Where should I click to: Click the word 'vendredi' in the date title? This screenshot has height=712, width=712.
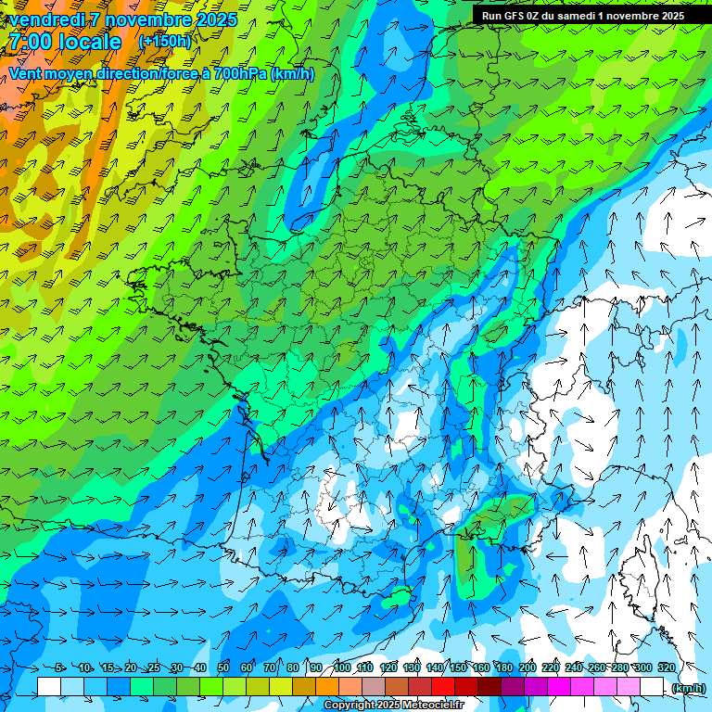pyautogui.click(x=45, y=19)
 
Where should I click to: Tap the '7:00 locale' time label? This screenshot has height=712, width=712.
pyautogui.click(x=65, y=42)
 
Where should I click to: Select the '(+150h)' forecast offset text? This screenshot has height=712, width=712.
pyautogui.click(x=164, y=42)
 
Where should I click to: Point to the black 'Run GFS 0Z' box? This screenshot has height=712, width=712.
pyautogui.click(x=582, y=16)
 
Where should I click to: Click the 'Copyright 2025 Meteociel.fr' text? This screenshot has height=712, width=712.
pyautogui.click(x=393, y=706)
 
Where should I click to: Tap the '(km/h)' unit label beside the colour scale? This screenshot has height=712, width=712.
pyautogui.click(x=688, y=688)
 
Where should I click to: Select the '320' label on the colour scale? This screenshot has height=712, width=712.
pyautogui.click(x=666, y=667)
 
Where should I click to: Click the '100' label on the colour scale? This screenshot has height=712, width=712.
pyautogui.click(x=341, y=667)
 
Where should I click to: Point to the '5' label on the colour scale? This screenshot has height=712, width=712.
pyautogui.click(x=59, y=667)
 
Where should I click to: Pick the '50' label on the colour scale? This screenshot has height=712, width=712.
pyautogui.click(x=223, y=667)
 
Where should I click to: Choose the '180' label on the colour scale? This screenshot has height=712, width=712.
pyautogui.click(x=503, y=667)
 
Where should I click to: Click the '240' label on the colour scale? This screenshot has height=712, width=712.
pyautogui.click(x=573, y=667)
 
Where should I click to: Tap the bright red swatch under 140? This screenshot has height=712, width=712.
pyautogui.click(x=443, y=687)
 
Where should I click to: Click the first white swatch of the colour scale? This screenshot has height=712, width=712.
pyautogui.click(x=49, y=687)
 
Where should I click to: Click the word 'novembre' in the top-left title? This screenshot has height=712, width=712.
pyautogui.click(x=146, y=19)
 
